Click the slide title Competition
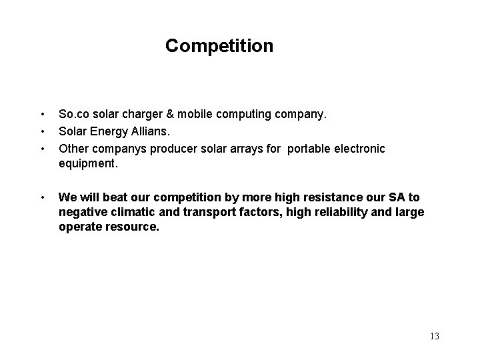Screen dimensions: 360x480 coord(219,46)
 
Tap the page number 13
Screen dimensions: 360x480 coord(434,336)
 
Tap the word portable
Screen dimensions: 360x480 coord(312,148)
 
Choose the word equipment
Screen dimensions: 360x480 coord(89,164)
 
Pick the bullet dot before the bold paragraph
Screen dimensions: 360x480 coord(42,197)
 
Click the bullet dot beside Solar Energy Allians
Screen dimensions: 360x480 coord(42,131)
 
